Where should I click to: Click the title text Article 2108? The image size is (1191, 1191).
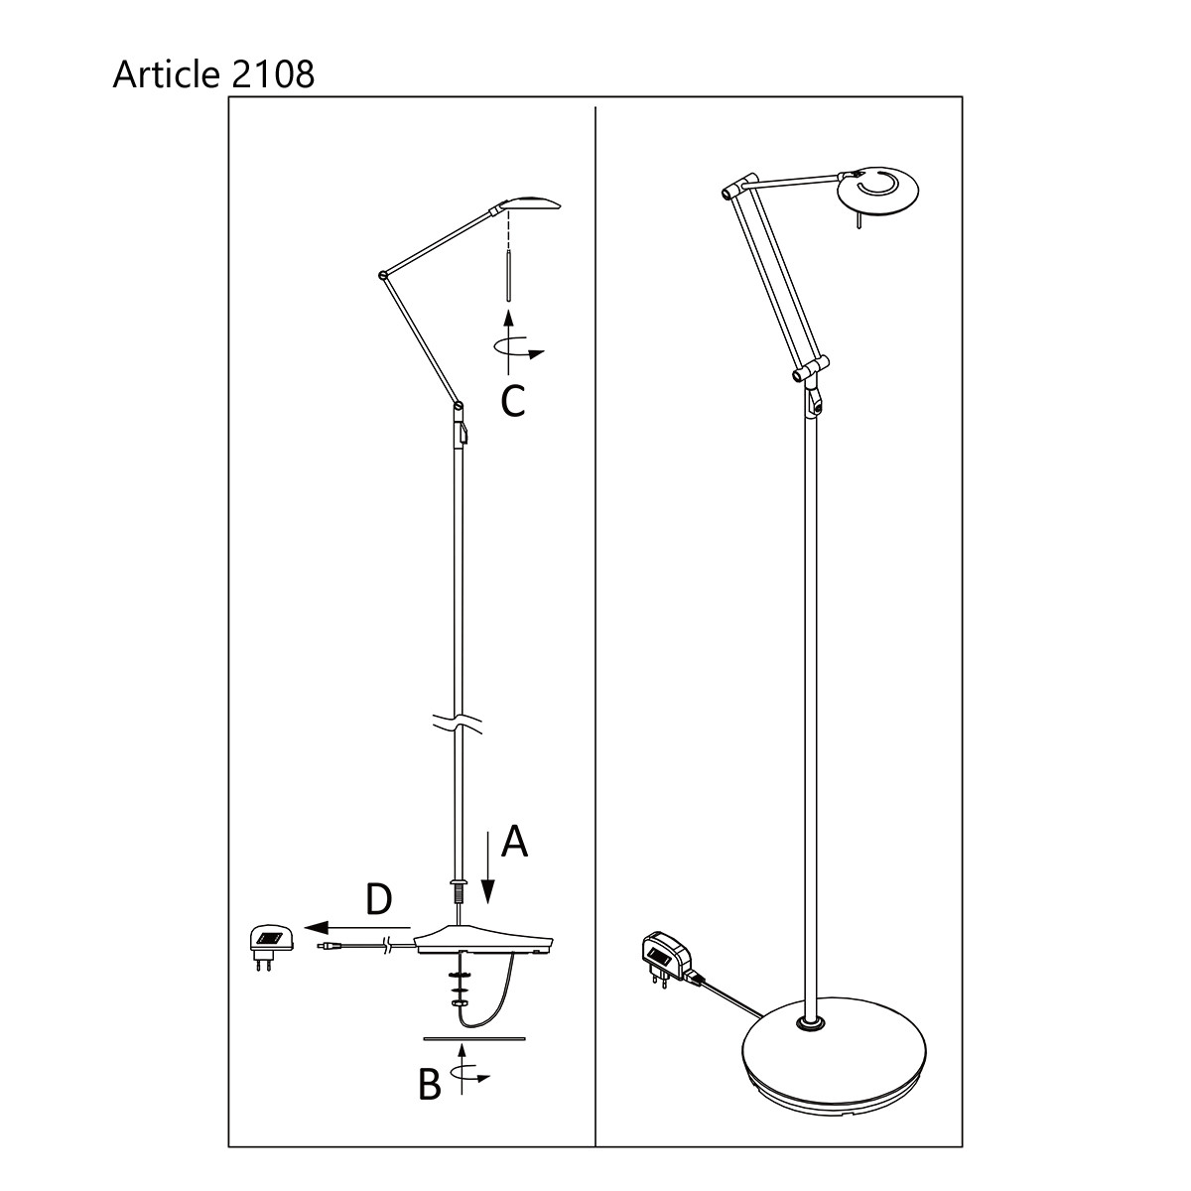(213, 73)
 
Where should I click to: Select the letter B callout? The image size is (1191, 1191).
(429, 1085)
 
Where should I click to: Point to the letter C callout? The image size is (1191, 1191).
(512, 401)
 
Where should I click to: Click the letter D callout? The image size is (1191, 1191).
(378, 899)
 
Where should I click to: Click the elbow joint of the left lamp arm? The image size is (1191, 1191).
(383, 275)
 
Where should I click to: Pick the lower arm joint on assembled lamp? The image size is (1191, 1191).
(810, 375)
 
